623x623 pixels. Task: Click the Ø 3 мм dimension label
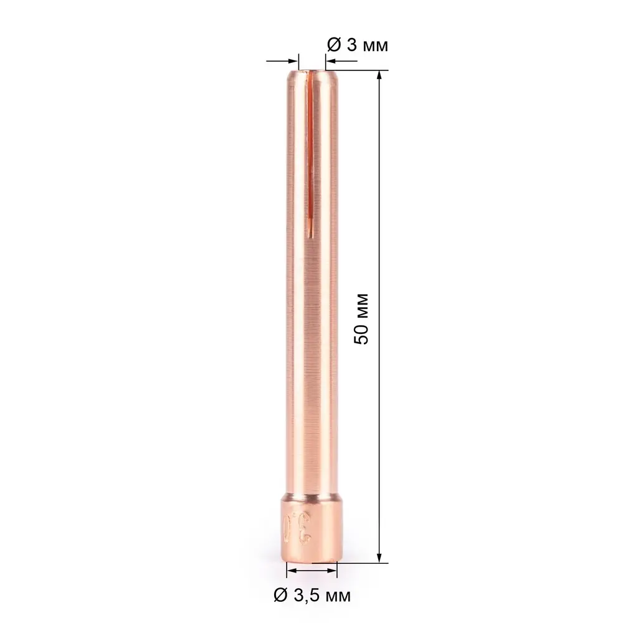358,45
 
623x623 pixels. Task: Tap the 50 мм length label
361,318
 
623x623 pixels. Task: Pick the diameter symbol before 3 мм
333,45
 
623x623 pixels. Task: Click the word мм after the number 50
361,305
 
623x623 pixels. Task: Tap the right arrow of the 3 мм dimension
331,61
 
